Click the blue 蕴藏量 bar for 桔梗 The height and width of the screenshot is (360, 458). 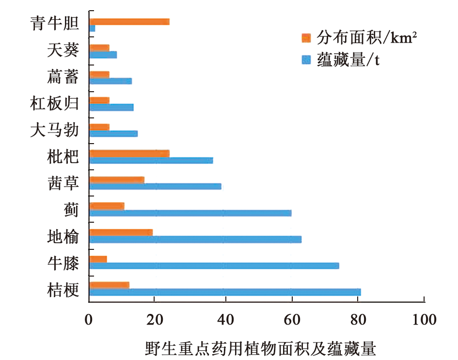pyautogui.click(x=225, y=292)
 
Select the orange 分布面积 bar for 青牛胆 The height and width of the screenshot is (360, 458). pyautogui.click(x=129, y=21)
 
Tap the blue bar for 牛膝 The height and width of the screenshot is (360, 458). pyautogui.click(x=214, y=265)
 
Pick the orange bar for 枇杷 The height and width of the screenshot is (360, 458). pyautogui.click(x=129, y=153)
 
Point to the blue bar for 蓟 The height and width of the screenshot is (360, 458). pyautogui.click(x=190, y=213)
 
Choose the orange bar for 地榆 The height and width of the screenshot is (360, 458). pyautogui.click(x=121, y=232)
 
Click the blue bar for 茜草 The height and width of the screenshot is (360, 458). pyautogui.click(x=155, y=186)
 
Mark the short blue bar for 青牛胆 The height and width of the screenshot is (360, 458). pyautogui.click(x=92, y=29)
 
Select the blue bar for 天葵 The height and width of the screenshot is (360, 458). pyautogui.click(x=103, y=55)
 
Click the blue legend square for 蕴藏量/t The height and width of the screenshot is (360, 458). pyautogui.click(x=305, y=60)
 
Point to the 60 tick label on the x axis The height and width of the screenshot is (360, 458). pyautogui.click(x=291, y=320)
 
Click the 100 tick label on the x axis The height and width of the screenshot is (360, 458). pyautogui.click(x=424, y=320)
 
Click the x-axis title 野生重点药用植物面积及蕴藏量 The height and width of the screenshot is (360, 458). pyautogui.click(x=260, y=348)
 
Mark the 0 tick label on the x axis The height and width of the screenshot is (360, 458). pyautogui.click(x=88, y=320)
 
